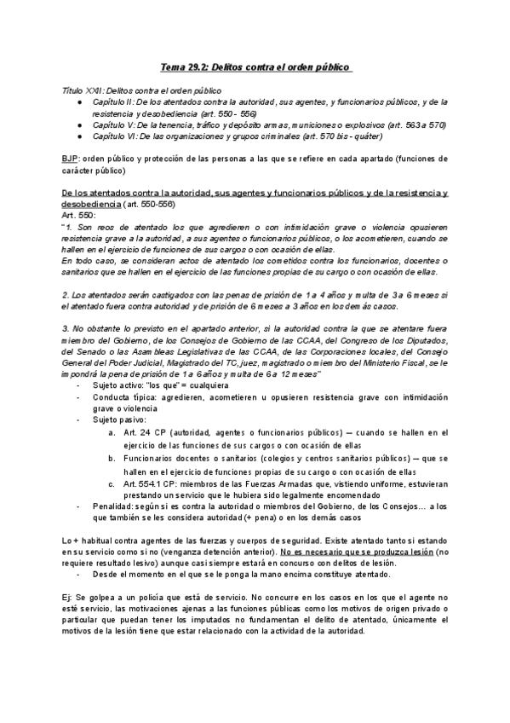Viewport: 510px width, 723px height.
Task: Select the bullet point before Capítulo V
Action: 78,124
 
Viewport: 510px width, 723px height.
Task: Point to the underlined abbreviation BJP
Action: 70,159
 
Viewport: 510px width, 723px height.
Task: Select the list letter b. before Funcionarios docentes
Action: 112,458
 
